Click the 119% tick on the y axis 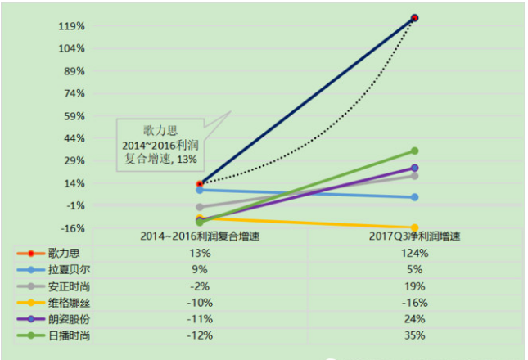[72, 26]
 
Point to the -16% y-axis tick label [73, 228]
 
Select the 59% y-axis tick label [74, 116]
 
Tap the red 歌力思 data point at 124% [414, 18]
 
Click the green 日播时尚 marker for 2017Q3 [414, 151]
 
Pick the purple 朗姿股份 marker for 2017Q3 [414, 168]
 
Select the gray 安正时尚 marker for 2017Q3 [414, 176]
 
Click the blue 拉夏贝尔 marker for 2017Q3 [414, 197]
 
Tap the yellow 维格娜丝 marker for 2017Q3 [414, 227]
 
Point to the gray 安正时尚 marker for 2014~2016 [200, 207]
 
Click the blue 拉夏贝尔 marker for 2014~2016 [200, 190]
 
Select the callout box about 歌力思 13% [160, 145]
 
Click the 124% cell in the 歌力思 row [414, 253]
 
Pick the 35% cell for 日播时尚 [414, 335]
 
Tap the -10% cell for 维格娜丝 [200, 303]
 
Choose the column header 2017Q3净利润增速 [414, 236]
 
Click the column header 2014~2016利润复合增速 [200, 236]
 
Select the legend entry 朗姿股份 [53, 319]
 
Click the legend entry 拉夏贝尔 [53, 269]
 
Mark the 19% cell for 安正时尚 [414, 286]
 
